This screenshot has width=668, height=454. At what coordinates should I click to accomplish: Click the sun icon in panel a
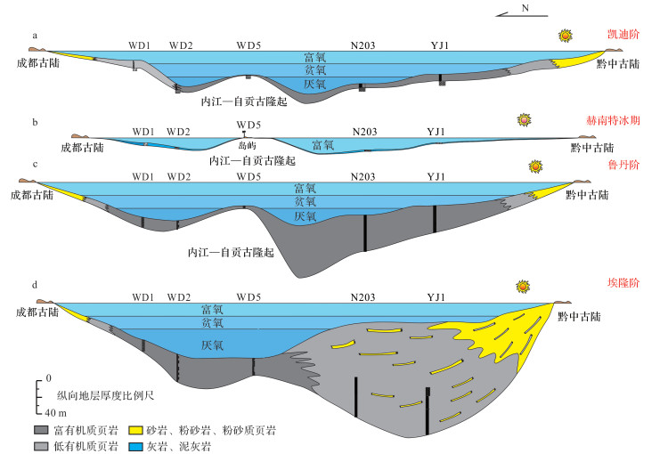564,36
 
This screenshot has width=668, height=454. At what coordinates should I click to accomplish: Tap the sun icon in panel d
523,288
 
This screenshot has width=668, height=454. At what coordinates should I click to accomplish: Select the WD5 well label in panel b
248,123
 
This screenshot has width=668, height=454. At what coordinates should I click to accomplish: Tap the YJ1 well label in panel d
436,296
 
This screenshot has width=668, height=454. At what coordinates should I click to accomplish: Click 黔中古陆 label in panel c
583,194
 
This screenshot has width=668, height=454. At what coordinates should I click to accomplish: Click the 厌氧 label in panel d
211,345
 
